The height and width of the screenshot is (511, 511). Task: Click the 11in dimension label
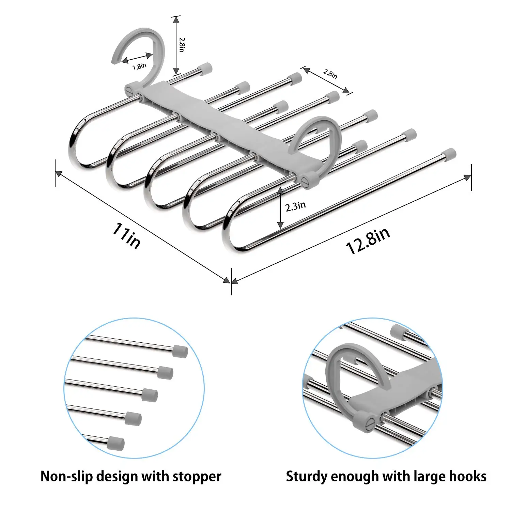coord(126,235)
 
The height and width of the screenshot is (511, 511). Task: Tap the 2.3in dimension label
coord(295,206)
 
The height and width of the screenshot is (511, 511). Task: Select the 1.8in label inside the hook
coord(139,66)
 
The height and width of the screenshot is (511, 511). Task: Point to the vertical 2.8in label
coord(182,45)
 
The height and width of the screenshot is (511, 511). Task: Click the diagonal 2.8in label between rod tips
coord(330,74)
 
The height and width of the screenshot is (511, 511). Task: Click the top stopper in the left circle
coord(180,351)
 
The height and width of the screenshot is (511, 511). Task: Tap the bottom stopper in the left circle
coord(117,443)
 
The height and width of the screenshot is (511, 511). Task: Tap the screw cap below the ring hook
coord(309,180)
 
